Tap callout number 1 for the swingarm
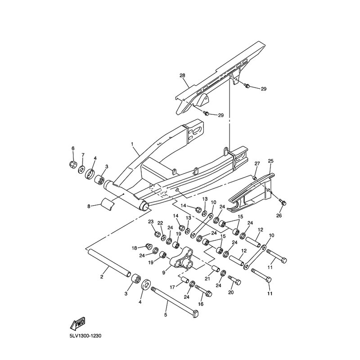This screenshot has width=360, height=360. pyautogui.click(x=132, y=144)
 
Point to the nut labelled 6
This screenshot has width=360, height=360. pyautogui.click(x=73, y=165)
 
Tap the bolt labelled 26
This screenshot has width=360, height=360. pyautogui.click(x=282, y=203)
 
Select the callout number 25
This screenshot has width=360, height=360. pyautogui.click(x=270, y=161)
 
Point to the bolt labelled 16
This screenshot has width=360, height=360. pyautogui.click(x=207, y=294)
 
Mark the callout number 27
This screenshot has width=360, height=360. pyautogui.click(x=257, y=163)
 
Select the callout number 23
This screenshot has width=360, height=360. pyautogui.click(x=151, y=221)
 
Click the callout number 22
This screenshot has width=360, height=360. pyautogui.click(x=160, y=223)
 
